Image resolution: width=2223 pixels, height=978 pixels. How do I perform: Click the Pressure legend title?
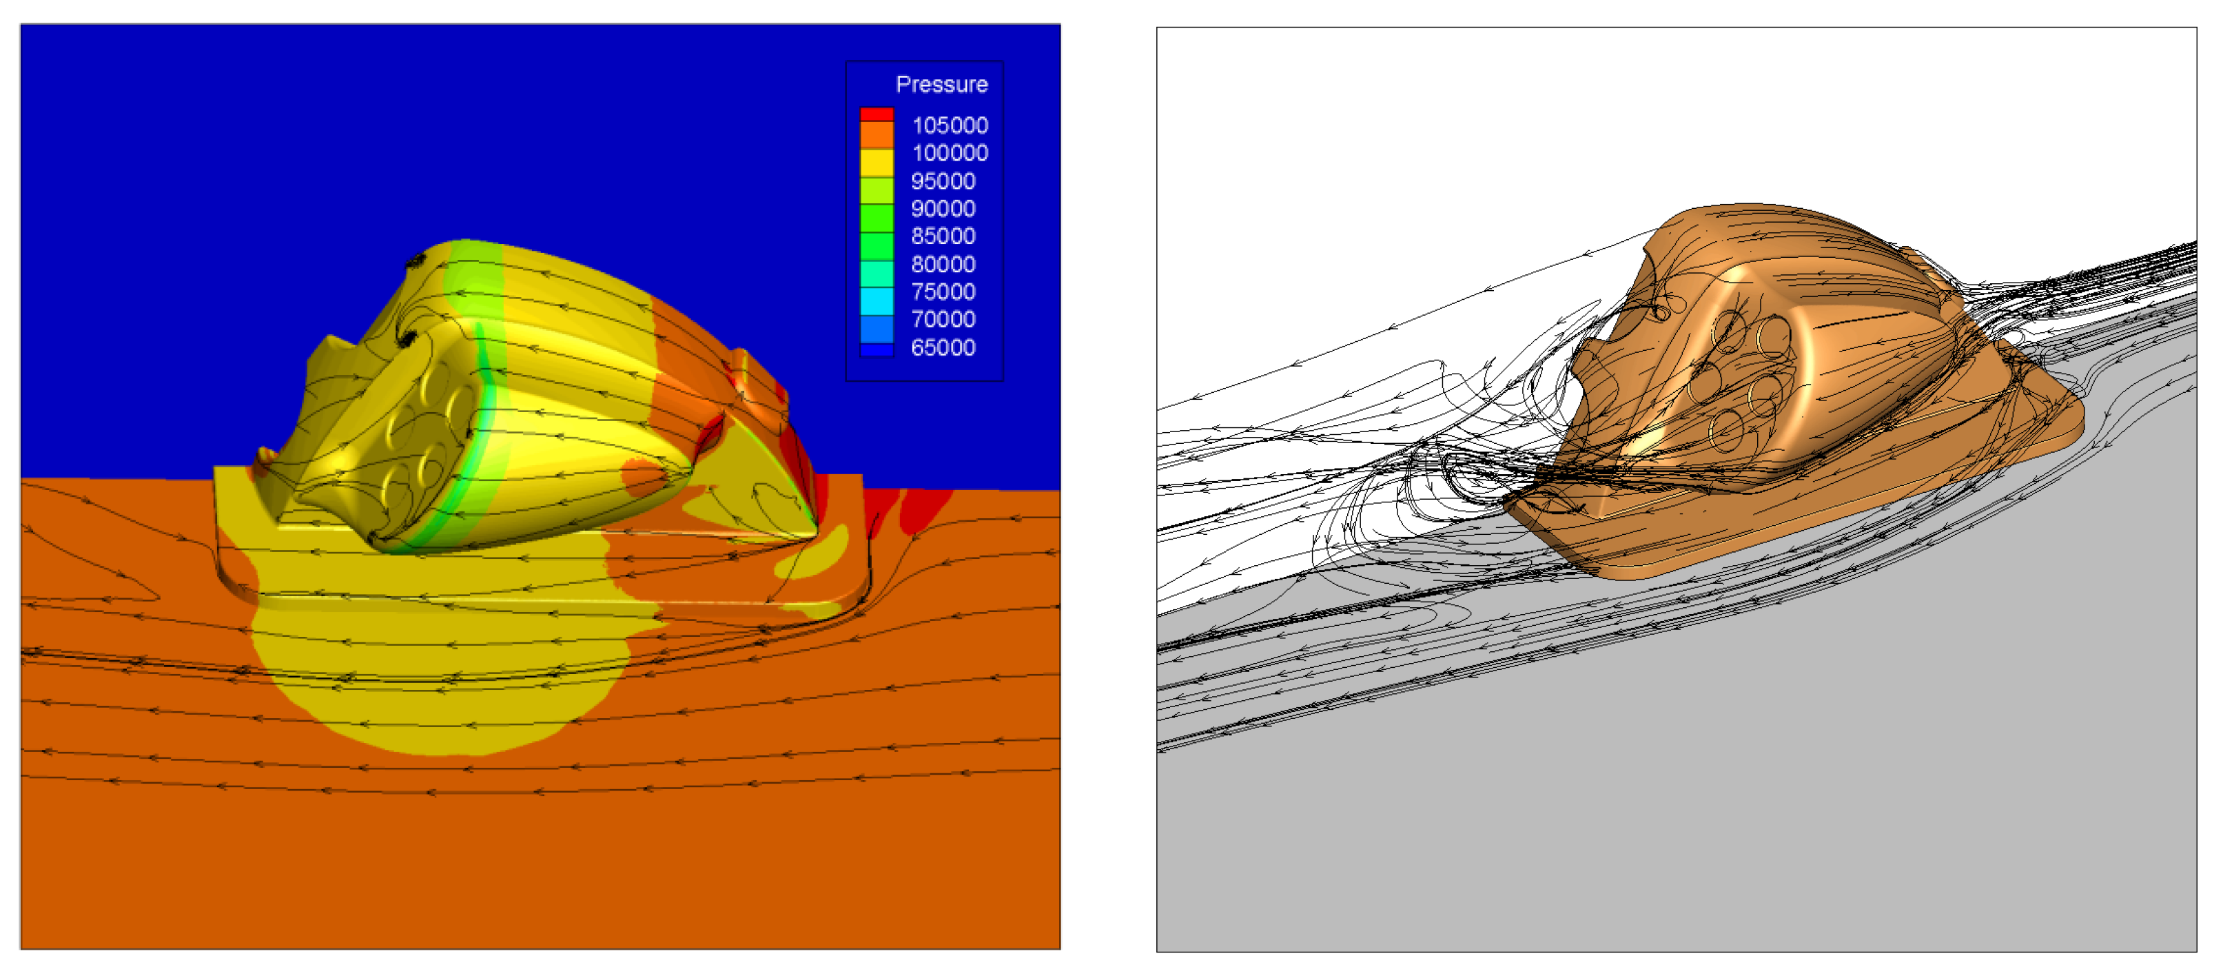pyautogui.click(x=941, y=85)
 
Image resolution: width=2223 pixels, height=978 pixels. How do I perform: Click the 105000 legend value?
pyautogui.click(x=950, y=125)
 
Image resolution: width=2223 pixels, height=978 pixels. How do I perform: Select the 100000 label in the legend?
pyautogui.click(x=950, y=153)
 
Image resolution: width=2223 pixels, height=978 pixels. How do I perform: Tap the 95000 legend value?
pyautogui.click(x=943, y=181)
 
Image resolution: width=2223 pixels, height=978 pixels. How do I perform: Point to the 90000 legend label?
pyautogui.click(x=943, y=209)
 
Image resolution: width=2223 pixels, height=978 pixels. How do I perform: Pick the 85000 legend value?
pyautogui.click(x=943, y=236)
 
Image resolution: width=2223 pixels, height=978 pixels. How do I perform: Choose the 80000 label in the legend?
pyautogui.click(x=943, y=264)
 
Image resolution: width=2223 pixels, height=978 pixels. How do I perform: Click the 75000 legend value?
pyautogui.click(x=943, y=292)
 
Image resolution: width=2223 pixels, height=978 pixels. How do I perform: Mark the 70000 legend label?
pyautogui.click(x=943, y=319)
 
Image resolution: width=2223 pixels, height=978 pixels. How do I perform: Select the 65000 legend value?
pyautogui.click(x=943, y=348)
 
